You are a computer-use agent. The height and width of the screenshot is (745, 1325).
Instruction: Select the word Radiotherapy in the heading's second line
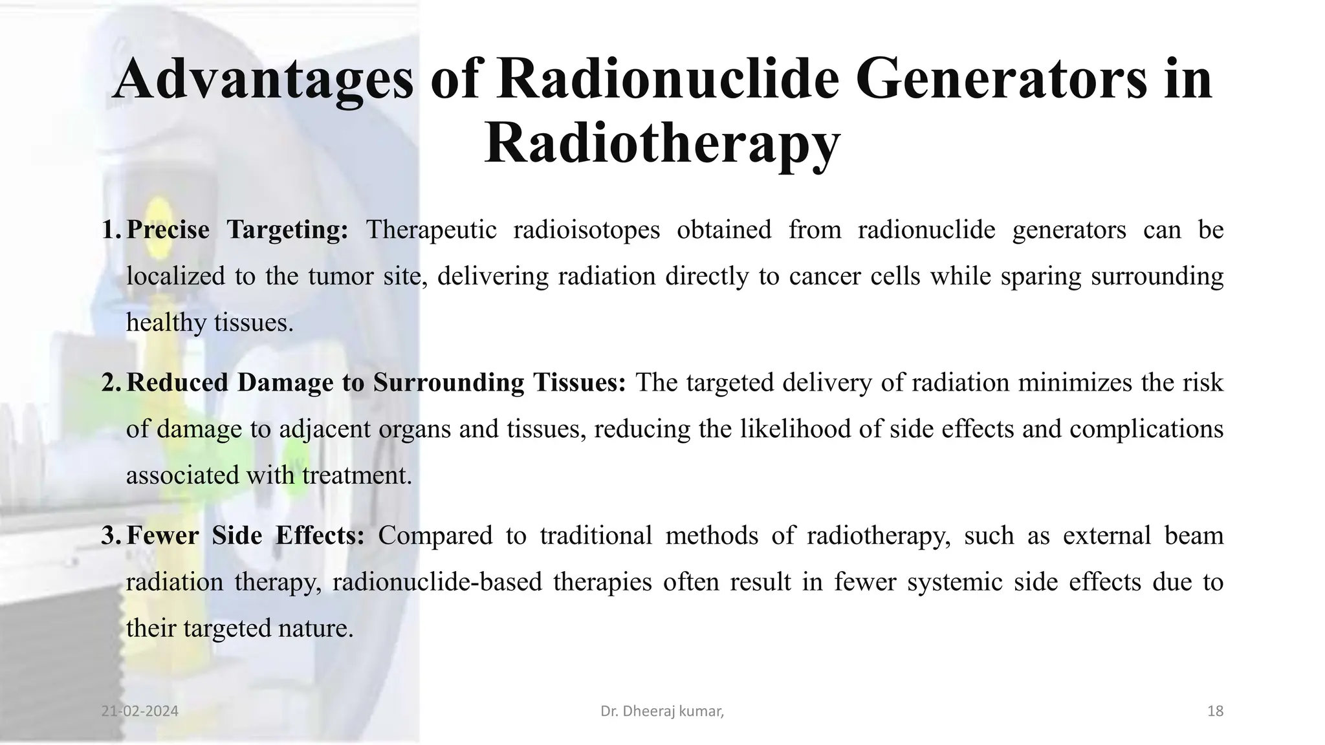(x=662, y=144)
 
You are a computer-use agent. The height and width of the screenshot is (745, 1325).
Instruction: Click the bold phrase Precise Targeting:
(x=237, y=230)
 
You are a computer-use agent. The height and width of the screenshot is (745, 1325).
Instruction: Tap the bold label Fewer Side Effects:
(x=245, y=535)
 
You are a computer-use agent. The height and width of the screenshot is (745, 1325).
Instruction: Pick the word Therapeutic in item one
(x=431, y=230)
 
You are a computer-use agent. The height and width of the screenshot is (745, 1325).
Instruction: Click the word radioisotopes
(x=586, y=230)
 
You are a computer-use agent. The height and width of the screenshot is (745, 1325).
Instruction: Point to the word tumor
(x=331, y=277)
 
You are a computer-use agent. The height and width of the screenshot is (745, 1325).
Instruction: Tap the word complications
(x=1146, y=429)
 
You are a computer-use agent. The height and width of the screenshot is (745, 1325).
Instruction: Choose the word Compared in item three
(x=435, y=535)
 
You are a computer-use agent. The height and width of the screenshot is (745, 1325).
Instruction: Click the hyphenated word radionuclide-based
(x=437, y=582)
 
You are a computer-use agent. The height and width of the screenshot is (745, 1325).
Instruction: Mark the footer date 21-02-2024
(x=140, y=711)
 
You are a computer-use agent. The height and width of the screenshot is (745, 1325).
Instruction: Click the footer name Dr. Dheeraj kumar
(x=661, y=711)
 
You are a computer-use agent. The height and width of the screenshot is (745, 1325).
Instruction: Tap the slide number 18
(x=1215, y=711)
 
